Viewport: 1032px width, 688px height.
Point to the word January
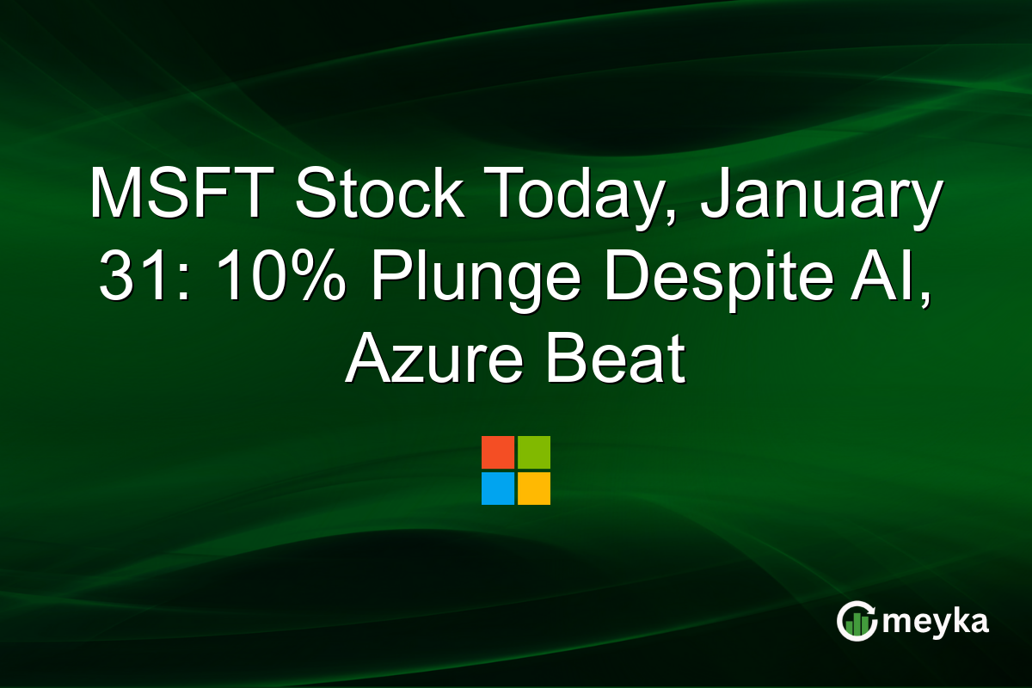tap(821, 194)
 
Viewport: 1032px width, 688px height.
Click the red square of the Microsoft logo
tap(498, 452)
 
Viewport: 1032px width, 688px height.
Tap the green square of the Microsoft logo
tap(534, 452)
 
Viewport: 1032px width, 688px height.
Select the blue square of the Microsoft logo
tap(498, 488)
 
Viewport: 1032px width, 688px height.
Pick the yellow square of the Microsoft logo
tap(534, 488)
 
